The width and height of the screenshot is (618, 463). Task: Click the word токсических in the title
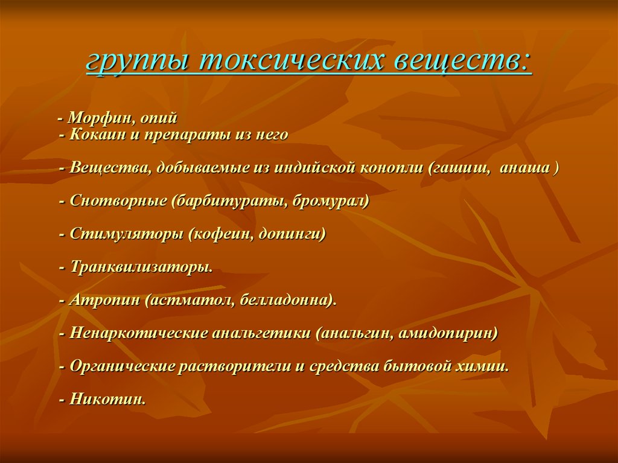[291, 61]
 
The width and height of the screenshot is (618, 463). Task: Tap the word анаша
[524, 168]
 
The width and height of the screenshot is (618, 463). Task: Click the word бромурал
[331, 201]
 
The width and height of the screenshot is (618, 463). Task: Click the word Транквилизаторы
[141, 267]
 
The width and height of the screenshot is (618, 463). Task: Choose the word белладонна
[288, 300]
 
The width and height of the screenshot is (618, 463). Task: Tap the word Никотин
[107, 399]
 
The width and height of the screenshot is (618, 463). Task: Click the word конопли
[391, 168]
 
